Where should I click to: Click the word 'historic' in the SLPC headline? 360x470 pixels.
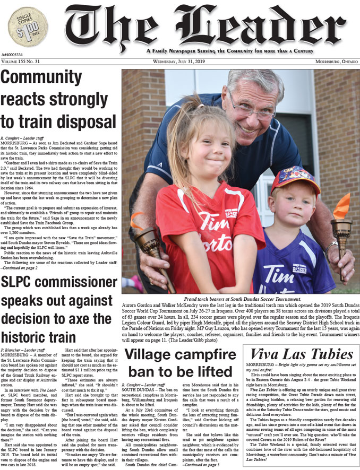(x=31, y=336)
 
